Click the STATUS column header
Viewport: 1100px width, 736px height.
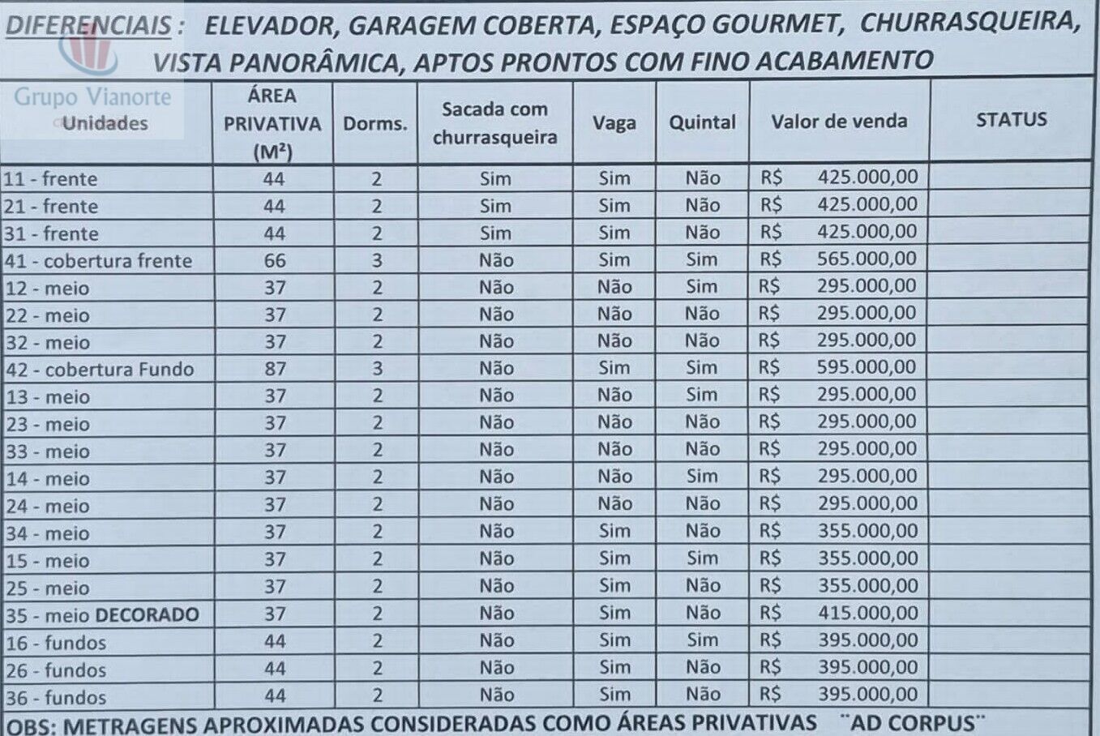(1011, 120)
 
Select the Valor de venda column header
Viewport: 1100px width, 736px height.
(839, 122)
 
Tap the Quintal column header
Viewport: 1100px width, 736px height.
(702, 122)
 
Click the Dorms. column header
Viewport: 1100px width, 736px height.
(375, 124)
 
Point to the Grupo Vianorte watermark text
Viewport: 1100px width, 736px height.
(92, 97)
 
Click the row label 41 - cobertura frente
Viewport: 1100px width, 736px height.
(98, 261)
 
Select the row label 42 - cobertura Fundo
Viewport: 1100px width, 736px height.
(100, 370)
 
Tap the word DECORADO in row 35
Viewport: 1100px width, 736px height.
(148, 614)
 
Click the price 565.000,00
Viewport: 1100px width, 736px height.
(867, 259)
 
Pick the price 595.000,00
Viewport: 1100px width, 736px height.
(867, 367)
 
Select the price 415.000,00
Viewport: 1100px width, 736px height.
(867, 613)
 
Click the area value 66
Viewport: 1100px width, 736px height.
(275, 260)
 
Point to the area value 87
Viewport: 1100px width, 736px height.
(275, 369)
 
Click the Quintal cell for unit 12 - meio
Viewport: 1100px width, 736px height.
(701, 286)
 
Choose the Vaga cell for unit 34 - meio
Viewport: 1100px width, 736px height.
(614, 531)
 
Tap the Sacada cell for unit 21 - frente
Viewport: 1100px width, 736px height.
(495, 206)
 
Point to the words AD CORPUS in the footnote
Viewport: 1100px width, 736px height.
(913, 722)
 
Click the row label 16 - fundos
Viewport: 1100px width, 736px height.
(56, 643)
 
